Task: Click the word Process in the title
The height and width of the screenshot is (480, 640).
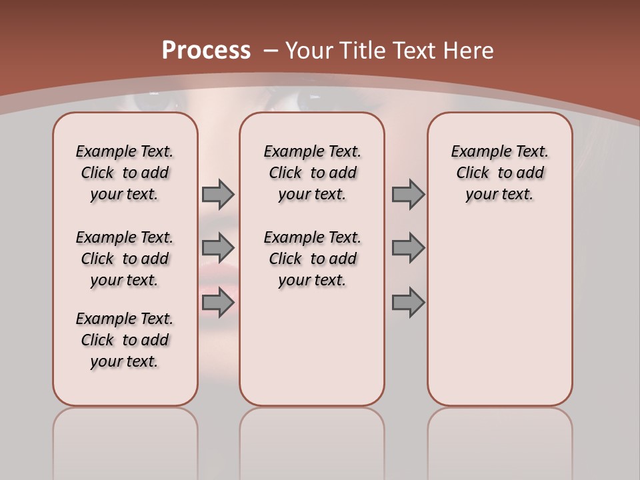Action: (x=206, y=51)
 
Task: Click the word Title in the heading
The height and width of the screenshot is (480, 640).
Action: (x=365, y=51)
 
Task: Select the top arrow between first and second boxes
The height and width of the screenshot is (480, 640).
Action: (x=218, y=194)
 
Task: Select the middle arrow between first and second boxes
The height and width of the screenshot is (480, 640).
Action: (x=218, y=248)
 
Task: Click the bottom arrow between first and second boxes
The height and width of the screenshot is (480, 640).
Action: (x=218, y=303)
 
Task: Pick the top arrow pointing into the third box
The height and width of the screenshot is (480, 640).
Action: (x=408, y=194)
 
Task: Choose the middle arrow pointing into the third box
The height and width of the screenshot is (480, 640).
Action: (x=408, y=248)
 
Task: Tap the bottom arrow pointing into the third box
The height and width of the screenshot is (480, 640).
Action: (x=408, y=303)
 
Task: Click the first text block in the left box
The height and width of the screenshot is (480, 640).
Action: (x=125, y=173)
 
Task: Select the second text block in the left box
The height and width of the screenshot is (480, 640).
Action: (x=125, y=259)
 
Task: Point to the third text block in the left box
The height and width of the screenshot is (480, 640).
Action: (x=125, y=340)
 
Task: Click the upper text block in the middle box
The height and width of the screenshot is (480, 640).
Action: (x=312, y=173)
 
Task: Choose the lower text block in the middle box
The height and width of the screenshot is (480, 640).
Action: (x=312, y=259)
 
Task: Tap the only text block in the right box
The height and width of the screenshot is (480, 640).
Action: (x=499, y=173)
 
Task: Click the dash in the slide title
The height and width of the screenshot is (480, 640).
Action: (x=271, y=51)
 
